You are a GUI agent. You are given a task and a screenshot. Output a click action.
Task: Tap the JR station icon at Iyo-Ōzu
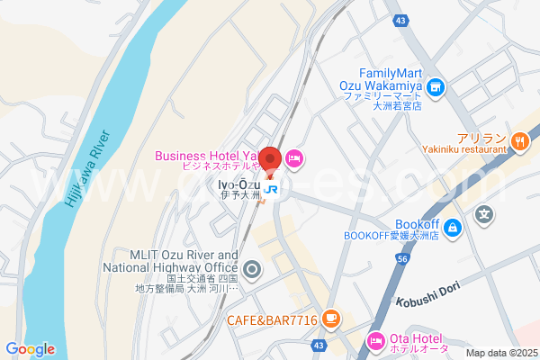point(270,190)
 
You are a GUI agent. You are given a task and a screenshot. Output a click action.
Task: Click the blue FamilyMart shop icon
point(436,87)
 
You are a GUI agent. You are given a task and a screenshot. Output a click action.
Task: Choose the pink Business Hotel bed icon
point(293,159)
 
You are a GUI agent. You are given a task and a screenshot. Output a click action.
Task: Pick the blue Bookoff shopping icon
point(454,226)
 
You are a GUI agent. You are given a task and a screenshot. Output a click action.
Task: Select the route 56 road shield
point(402,259)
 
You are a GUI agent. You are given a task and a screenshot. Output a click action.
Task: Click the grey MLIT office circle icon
point(252,267)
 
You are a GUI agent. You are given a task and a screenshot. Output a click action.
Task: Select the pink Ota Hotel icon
point(376,339)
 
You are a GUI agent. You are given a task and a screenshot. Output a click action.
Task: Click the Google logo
point(30,349)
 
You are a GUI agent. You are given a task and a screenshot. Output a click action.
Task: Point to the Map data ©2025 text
point(500,353)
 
